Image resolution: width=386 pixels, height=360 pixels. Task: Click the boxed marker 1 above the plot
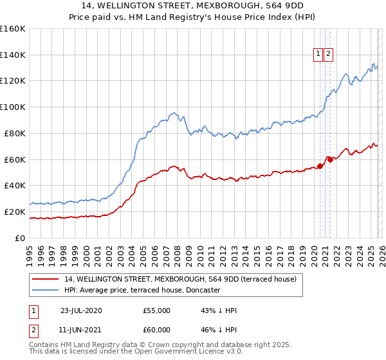point(318,55)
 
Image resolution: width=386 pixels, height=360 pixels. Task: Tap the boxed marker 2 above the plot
point(328,55)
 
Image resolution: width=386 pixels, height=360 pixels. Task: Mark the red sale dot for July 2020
point(320,166)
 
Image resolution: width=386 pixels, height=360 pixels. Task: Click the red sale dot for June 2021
point(329,159)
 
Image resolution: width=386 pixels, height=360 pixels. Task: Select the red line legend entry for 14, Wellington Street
point(180,279)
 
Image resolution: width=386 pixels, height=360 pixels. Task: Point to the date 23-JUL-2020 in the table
point(81,310)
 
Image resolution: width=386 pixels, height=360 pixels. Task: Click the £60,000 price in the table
point(156,331)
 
